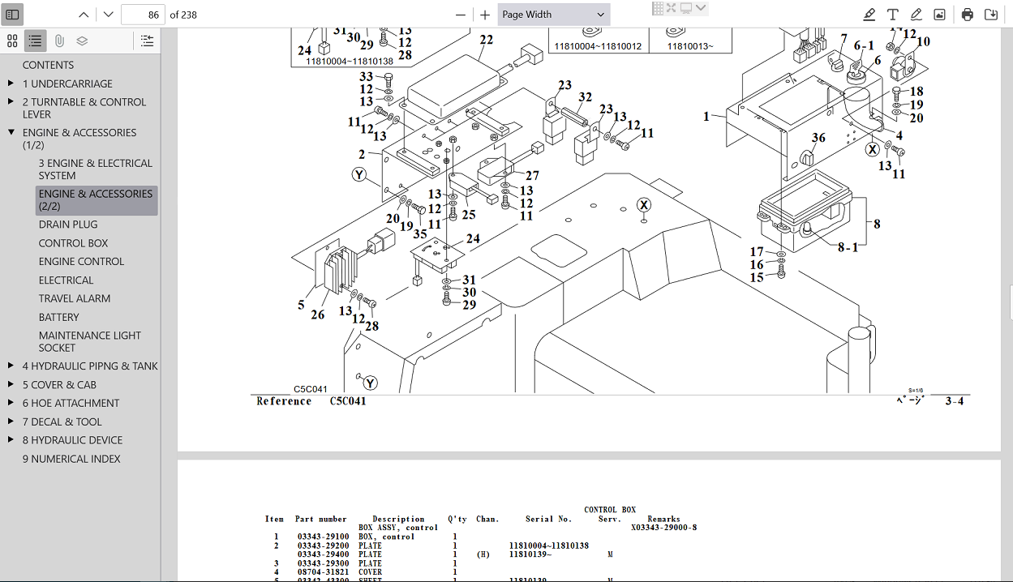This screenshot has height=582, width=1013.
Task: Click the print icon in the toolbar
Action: [967, 15]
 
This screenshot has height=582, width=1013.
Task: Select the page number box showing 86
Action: [143, 15]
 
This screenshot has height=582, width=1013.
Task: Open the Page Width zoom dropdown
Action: [554, 15]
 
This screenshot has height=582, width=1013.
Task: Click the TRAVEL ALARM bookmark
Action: [75, 298]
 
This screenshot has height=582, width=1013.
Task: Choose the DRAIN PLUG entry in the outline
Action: [68, 225]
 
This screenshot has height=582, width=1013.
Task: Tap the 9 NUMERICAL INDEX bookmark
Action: [71, 459]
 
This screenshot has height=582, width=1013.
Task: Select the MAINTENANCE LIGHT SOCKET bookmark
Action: [89, 341]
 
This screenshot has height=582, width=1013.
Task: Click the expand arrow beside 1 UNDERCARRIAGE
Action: [11, 83]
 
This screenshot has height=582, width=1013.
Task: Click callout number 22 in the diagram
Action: [486, 40]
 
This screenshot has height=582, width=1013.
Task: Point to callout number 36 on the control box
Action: [818, 138]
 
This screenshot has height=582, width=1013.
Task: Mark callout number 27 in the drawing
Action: [532, 176]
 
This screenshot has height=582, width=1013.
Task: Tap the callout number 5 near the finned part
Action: [301, 306]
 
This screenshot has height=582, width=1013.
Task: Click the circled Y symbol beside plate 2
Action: [359, 174]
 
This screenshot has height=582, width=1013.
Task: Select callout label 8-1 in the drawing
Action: [847, 247]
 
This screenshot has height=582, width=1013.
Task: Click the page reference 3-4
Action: [954, 401]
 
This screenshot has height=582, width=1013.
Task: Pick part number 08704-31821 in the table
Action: [323, 572]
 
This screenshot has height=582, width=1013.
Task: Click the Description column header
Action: [398, 519]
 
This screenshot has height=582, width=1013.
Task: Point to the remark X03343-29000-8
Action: [663, 528]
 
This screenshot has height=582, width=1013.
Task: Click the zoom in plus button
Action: [485, 15]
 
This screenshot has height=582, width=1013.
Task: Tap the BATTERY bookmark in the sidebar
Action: [59, 317]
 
